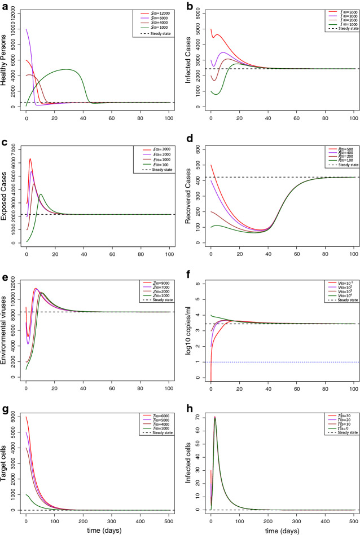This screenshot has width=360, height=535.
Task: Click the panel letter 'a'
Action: [5, 6]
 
